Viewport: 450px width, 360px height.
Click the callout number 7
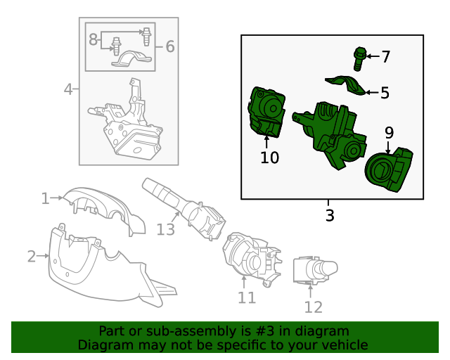(385, 56)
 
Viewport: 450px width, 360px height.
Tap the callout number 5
(385, 92)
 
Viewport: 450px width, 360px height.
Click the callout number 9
(389, 131)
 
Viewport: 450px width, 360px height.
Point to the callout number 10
(269, 157)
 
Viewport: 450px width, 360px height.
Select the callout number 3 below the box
(330, 215)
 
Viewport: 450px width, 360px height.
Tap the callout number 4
(68, 89)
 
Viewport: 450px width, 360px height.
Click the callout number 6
(169, 47)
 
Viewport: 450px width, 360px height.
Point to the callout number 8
(93, 40)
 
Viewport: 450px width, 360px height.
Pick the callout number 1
(45, 199)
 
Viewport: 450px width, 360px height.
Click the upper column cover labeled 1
(105, 207)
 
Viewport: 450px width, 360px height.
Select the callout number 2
(31, 256)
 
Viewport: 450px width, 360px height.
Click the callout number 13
(165, 229)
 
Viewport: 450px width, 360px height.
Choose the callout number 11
(246, 297)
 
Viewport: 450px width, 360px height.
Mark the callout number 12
(313, 307)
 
